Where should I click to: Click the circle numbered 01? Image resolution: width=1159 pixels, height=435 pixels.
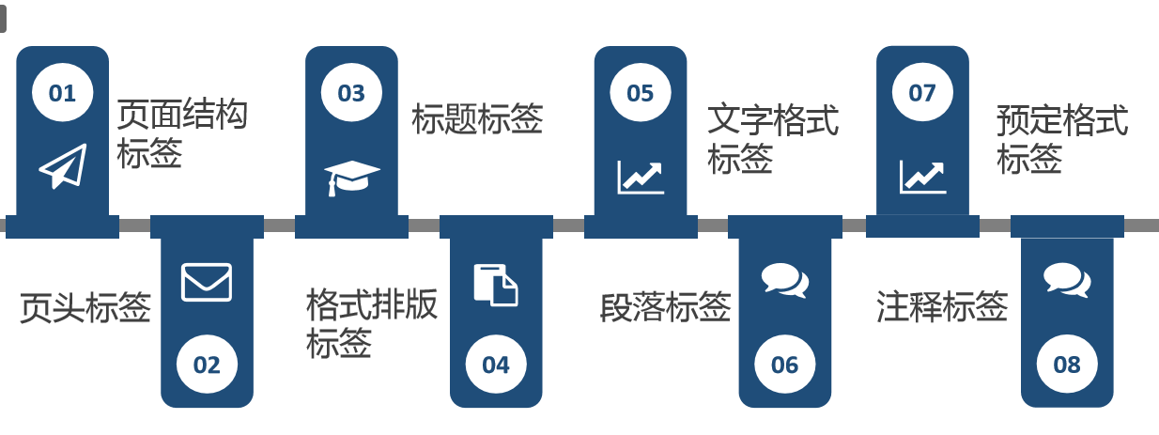click(x=62, y=93)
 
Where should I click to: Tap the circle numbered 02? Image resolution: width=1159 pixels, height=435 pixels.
click(x=207, y=365)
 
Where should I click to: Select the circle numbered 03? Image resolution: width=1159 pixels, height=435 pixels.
click(x=351, y=93)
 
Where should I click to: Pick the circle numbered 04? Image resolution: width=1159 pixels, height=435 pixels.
click(x=496, y=365)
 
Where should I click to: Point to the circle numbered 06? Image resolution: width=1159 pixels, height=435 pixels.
click(x=784, y=365)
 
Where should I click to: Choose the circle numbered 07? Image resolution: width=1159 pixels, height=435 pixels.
click(x=922, y=93)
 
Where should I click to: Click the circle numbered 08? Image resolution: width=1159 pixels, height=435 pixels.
click(x=1067, y=365)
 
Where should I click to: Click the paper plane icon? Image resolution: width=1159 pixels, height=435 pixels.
click(x=62, y=166)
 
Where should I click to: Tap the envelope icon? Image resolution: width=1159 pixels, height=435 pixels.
click(x=207, y=282)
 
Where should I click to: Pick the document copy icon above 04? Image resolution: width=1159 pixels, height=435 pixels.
click(x=496, y=285)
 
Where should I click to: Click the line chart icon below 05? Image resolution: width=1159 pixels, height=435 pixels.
click(x=641, y=177)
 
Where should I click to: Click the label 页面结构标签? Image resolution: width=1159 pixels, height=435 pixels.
click(x=181, y=134)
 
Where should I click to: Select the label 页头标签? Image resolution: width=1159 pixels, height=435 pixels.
click(x=85, y=307)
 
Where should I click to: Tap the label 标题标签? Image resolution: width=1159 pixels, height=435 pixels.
click(x=477, y=119)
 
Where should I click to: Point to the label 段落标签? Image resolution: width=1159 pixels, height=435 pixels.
click(x=665, y=307)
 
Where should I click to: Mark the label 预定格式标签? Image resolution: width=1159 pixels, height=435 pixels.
click(x=1061, y=140)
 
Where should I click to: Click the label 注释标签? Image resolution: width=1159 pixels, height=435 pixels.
click(x=942, y=307)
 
